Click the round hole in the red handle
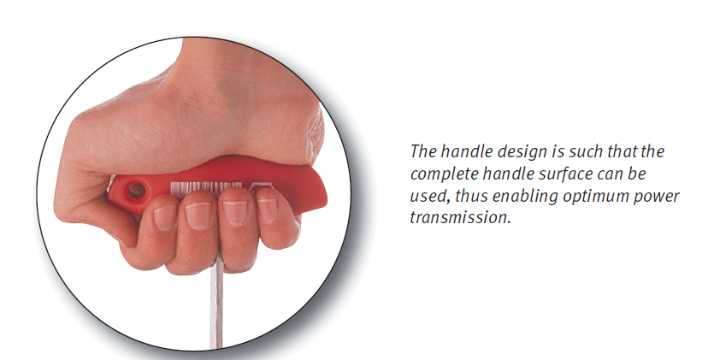(136, 190)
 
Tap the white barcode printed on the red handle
(206, 187)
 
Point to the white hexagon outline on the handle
(257, 186)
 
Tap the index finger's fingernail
(165, 216)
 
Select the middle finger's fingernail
(198, 215)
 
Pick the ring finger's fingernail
(234, 213)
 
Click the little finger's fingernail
(268, 210)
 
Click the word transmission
(460, 218)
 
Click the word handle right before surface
(519, 174)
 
